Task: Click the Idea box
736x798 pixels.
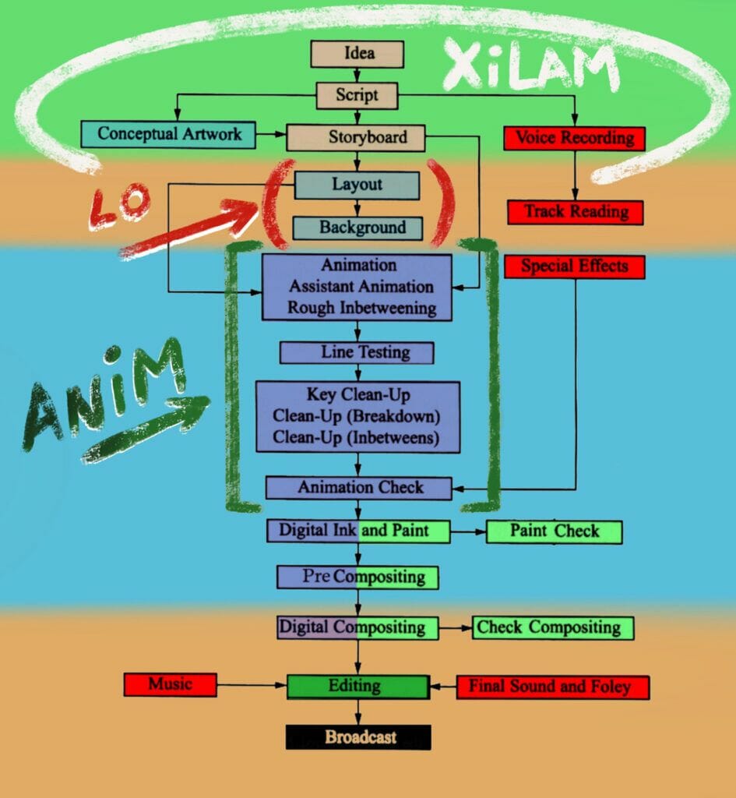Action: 357,54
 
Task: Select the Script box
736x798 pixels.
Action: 357,95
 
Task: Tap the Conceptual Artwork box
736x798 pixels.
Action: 169,134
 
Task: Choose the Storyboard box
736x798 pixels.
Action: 356,138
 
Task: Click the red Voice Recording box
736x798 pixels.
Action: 575,139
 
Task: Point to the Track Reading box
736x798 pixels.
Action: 576,212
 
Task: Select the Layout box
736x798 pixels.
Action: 357,185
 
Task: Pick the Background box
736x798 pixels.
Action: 357,228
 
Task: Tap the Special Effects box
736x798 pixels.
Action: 575,267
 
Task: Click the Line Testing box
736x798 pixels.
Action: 357,352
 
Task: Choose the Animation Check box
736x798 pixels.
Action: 359,488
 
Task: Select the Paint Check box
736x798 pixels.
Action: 554,531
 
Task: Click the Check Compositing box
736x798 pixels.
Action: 552,627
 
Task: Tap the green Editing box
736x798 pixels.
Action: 357,687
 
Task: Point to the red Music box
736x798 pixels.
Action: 170,685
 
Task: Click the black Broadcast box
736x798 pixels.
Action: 357,737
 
